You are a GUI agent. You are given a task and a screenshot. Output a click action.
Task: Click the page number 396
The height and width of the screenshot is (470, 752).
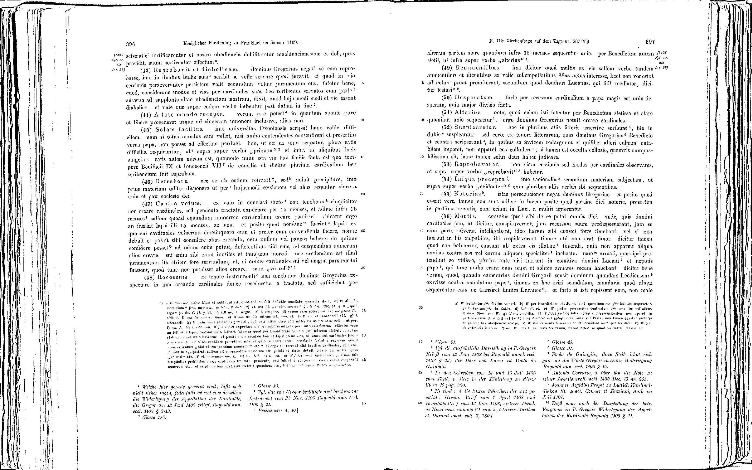(130, 43)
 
